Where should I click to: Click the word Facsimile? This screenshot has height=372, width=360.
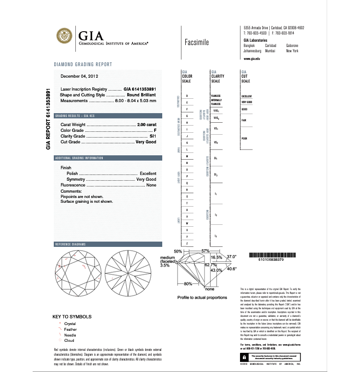[196, 42]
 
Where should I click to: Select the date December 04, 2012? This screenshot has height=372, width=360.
[79, 76]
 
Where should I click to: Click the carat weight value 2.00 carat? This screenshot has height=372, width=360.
[146, 125]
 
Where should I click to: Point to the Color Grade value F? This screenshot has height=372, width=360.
[155, 130]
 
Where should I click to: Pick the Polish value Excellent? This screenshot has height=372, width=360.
[148, 173]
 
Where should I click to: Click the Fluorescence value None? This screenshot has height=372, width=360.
[151, 185]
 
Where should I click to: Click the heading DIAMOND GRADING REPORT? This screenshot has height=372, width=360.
[83, 64]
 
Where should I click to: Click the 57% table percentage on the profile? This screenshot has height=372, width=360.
[206, 251]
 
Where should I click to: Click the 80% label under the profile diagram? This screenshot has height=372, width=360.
[188, 284]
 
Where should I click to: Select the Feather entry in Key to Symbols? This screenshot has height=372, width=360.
[70, 329]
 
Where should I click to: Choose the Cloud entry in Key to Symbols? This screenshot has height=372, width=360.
[69, 340]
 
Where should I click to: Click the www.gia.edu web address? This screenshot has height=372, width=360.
[252, 58]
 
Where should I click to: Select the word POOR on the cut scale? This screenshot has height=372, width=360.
[244, 138]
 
